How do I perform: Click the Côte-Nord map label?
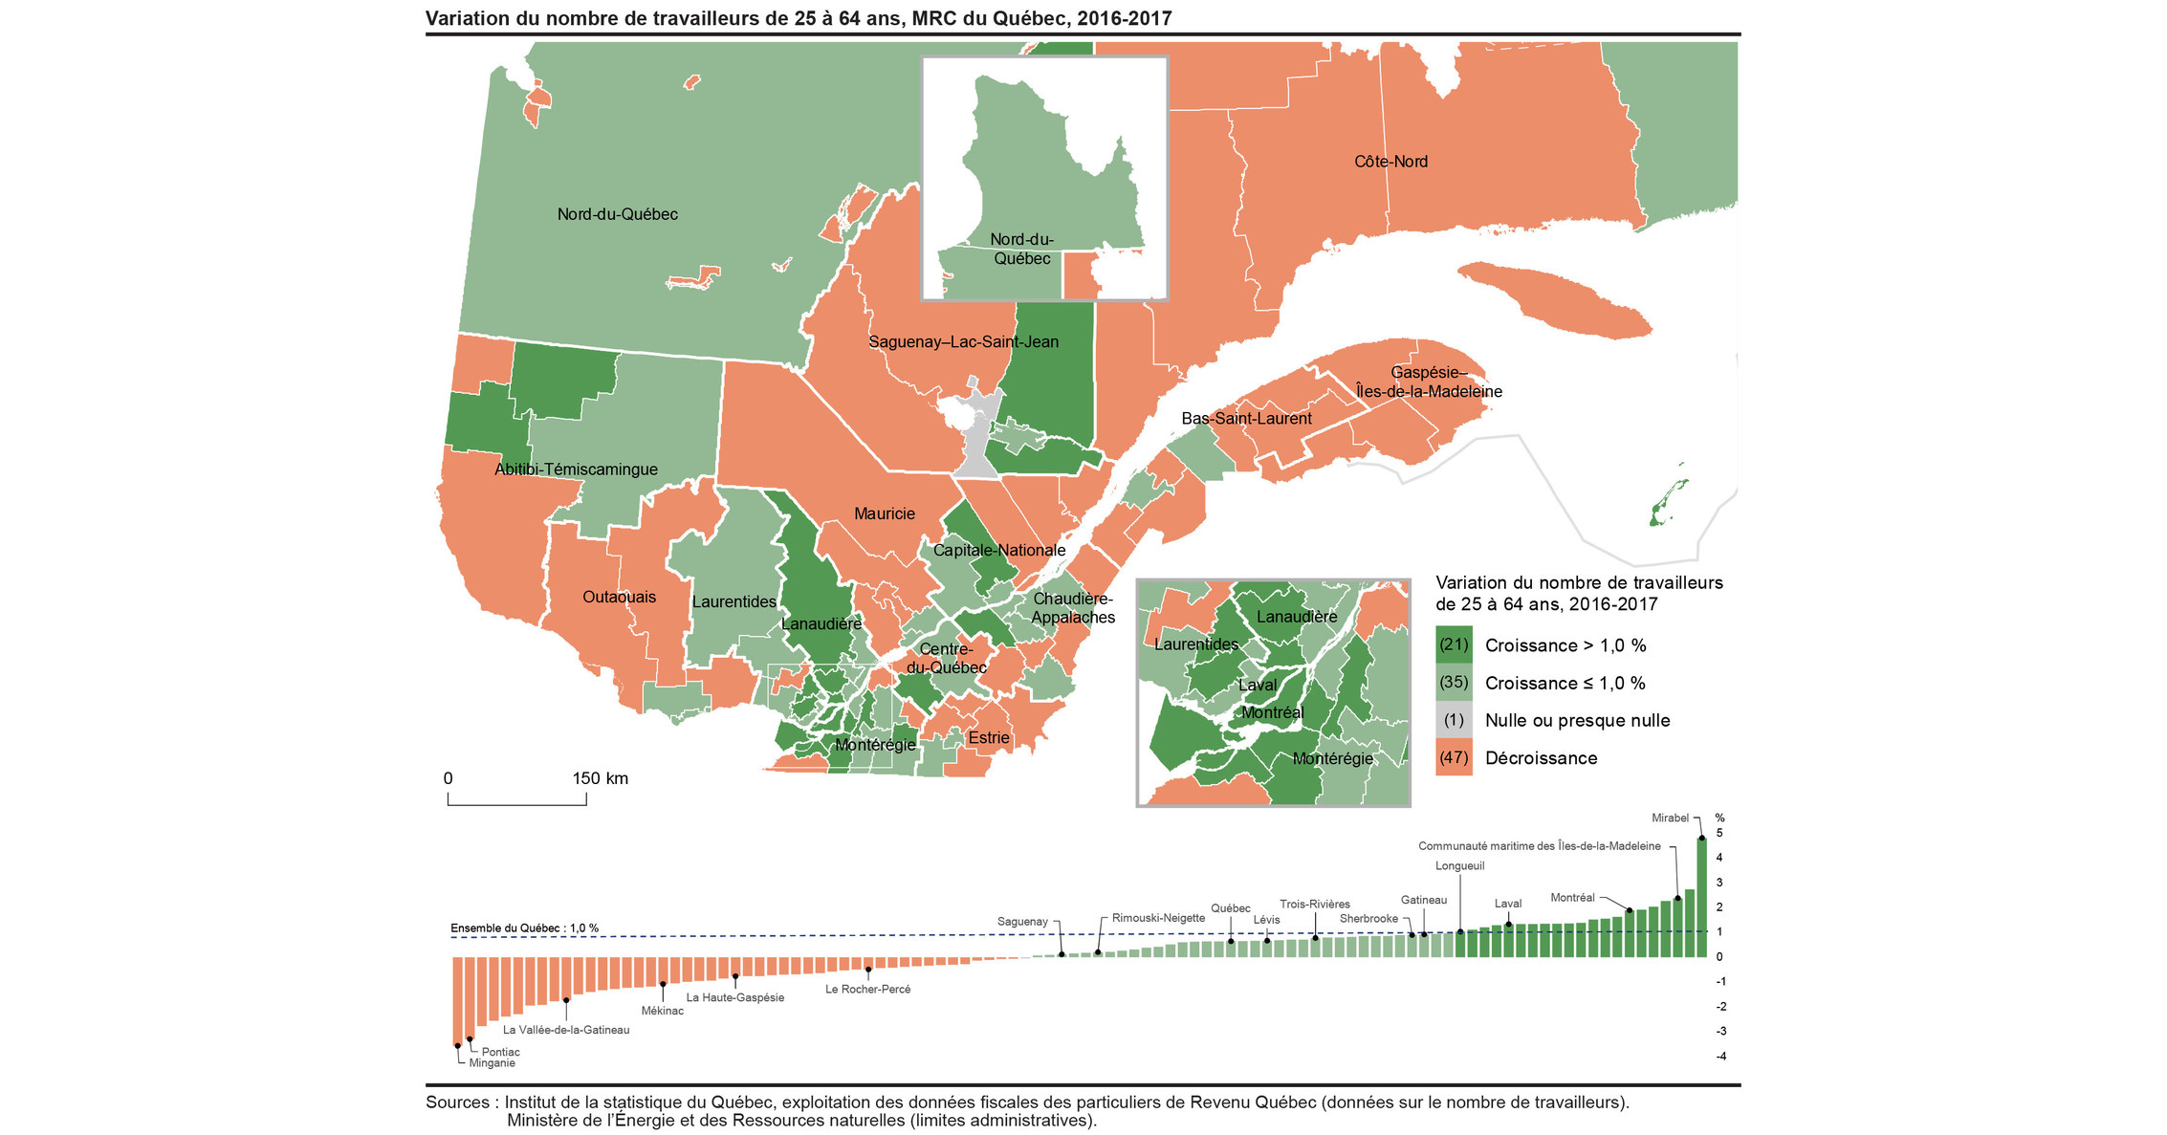(1390, 162)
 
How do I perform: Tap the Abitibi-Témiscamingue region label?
(576, 469)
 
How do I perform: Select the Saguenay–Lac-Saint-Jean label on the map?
(963, 341)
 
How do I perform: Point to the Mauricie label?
(884, 513)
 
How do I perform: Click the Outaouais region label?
(619, 597)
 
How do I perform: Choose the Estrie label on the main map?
(988, 737)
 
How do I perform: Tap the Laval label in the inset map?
(1257, 685)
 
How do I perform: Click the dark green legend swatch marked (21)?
(1453, 645)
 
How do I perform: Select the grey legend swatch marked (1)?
(1453, 720)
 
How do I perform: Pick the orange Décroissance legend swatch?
(1453, 757)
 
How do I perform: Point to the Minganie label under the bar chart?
(492, 1063)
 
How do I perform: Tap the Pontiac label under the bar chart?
(500, 1052)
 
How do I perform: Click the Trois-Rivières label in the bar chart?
(1315, 904)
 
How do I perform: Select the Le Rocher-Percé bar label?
(867, 989)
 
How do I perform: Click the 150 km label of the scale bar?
(600, 778)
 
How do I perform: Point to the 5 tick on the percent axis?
(1719, 833)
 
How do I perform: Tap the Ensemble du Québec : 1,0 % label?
(524, 928)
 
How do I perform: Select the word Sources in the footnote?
(457, 1102)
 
